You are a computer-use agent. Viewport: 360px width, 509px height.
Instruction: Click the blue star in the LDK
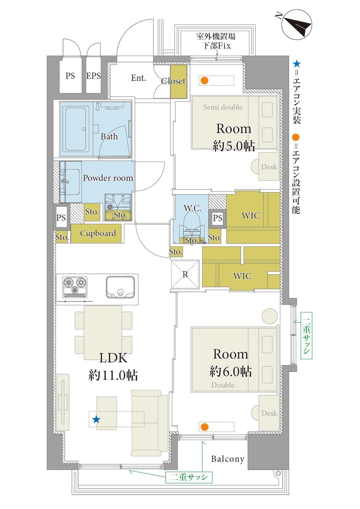(96, 419)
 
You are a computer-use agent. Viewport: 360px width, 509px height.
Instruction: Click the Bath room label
(109, 137)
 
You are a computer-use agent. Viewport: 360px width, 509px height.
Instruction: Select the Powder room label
(108, 178)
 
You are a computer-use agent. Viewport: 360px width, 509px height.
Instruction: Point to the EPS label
(93, 76)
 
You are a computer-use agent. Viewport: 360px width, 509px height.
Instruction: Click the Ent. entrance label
(138, 78)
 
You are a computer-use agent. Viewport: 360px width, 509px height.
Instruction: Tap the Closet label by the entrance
(173, 81)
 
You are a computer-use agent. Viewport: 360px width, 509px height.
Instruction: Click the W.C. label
(192, 208)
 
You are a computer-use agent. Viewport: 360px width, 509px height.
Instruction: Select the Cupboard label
(98, 233)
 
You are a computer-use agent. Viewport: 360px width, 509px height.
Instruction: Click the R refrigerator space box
(185, 274)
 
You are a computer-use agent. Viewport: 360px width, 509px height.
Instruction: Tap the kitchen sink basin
(120, 286)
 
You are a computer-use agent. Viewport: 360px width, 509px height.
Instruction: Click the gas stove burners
(75, 287)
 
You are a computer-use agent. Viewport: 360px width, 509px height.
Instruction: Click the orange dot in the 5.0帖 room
(204, 80)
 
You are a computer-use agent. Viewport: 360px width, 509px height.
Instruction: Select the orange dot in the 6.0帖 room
(204, 427)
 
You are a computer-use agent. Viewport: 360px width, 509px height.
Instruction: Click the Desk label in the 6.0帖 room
(269, 413)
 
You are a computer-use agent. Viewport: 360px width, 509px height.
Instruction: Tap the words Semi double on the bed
(223, 107)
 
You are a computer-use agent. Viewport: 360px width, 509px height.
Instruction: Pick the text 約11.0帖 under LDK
(113, 375)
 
